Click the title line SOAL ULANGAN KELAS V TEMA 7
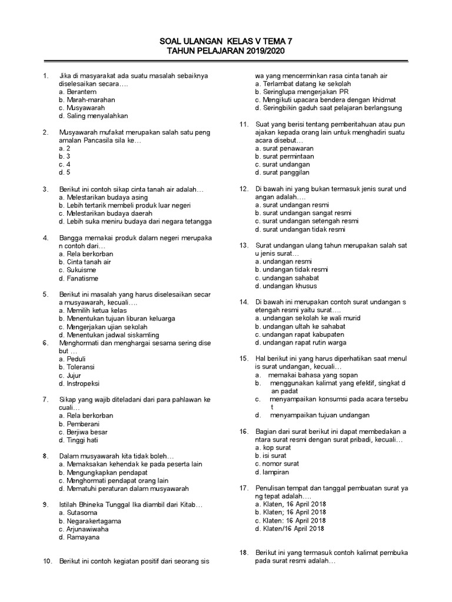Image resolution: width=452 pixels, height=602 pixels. pyautogui.click(x=225, y=42)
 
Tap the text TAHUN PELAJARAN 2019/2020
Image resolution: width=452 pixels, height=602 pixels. pyautogui.click(x=225, y=52)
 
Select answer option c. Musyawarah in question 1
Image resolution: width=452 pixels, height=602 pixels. pyautogui.click(x=82, y=108)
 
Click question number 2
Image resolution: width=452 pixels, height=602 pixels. pyautogui.click(x=45, y=132)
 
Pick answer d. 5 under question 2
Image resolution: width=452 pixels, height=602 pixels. pyautogui.click(x=65, y=173)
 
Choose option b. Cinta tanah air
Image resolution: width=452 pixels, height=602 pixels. pyautogui.click(x=85, y=262)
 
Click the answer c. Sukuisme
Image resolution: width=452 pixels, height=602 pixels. pyautogui.click(x=78, y=270)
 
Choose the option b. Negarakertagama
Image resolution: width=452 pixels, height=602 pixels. pyautogui.click(x=90, y=521)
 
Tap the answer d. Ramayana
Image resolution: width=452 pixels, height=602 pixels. pyautogui.click(x=79, y=537)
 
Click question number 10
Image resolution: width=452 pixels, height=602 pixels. pyautogui.click(x=46, y=561)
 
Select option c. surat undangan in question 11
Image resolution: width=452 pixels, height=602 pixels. pyautogui.click(x=282, y=165)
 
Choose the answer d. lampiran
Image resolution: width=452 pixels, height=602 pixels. pyautogui.click(x=272, y=472)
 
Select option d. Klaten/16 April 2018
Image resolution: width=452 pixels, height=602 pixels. pyautogui.click(x=290, y=529)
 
